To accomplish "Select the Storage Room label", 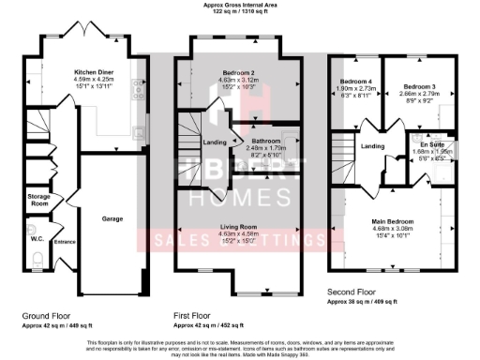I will pyautogui.click(x=37, y=199).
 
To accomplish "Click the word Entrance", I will pyautogui.click(x=65, y=242).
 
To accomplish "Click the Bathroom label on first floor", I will pyautogui.click(x=252, y=142).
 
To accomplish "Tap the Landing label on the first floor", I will pyautogui.click(x=214, y=142).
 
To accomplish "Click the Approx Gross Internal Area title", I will pyautogui.click(x=239, y=5).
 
